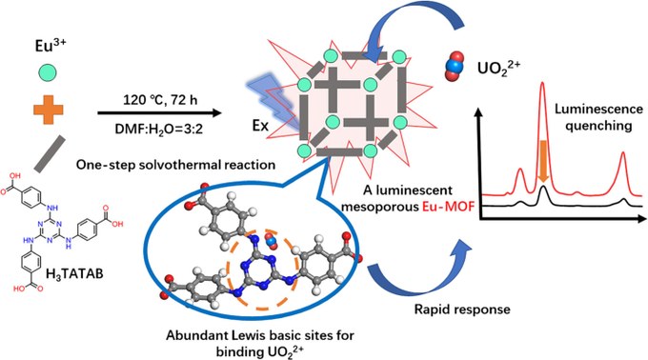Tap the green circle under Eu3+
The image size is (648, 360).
(48, 73)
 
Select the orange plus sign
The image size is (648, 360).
(48, 110)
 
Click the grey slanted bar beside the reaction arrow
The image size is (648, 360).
(50, 153)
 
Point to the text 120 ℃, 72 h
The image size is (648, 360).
(160, 100)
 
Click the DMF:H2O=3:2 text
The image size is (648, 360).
(159, 129)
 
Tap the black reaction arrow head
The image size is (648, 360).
(217, 113)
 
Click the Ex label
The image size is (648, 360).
(261, 126)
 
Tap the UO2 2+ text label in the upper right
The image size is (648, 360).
(498, 67)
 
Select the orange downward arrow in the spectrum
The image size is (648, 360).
(544, 161)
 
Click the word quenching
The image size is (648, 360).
(598, 125)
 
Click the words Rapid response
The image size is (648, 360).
(462, 310)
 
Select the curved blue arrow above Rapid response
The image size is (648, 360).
(417, 281)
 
